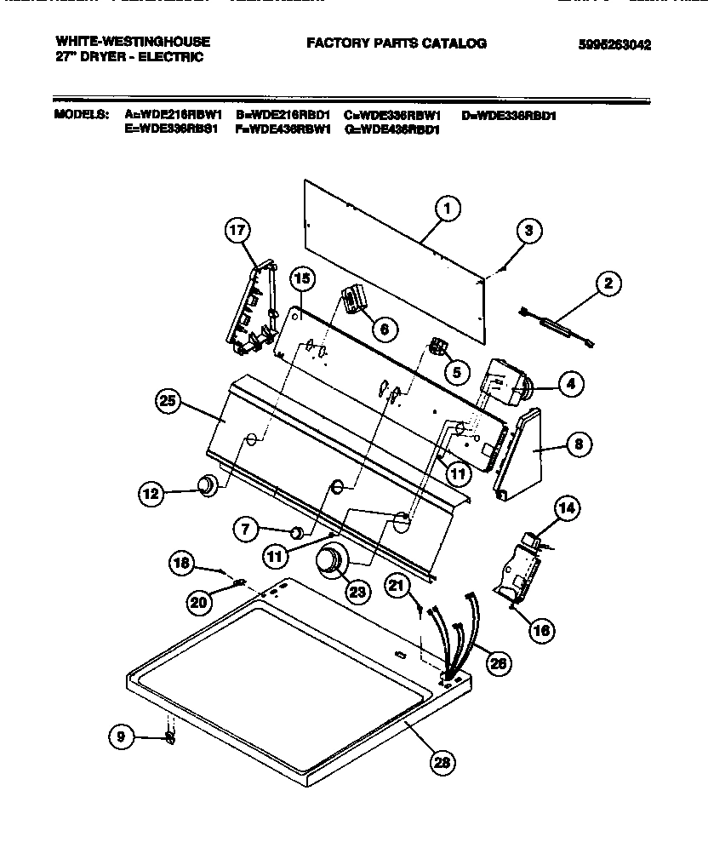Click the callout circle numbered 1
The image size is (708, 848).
pyautogui.click(x=448, y=207)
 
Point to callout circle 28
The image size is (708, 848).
pyautogui.click(x=441, y=762)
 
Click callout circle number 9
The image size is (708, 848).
pyautogui.click(x=122, y=737)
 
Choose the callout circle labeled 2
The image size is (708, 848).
pyautogui.click(x=608, y=284)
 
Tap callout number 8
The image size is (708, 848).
pyautogui.click(x=578, y=443)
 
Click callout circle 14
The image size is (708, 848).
pyautogui.click(x=567, y=509)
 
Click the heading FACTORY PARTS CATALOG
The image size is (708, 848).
pyautogui.click(x=396, y=43)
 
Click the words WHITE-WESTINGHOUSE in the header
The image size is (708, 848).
pyautogui.click(x=132, y=41)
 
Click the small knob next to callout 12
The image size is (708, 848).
pyautogui.click(x=206, y=486)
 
